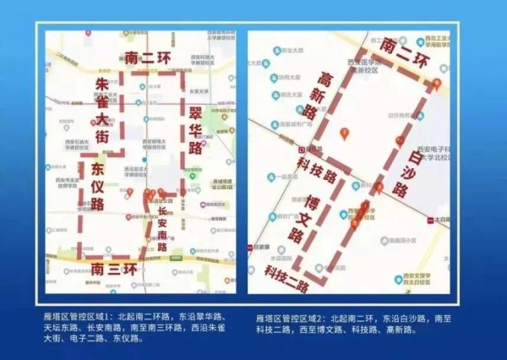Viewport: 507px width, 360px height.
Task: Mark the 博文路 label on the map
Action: [x=297, y=223]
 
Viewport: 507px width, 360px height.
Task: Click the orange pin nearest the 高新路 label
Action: [x=344, y=134]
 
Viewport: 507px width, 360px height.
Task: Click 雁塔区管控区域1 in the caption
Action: [x=81, y=312]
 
